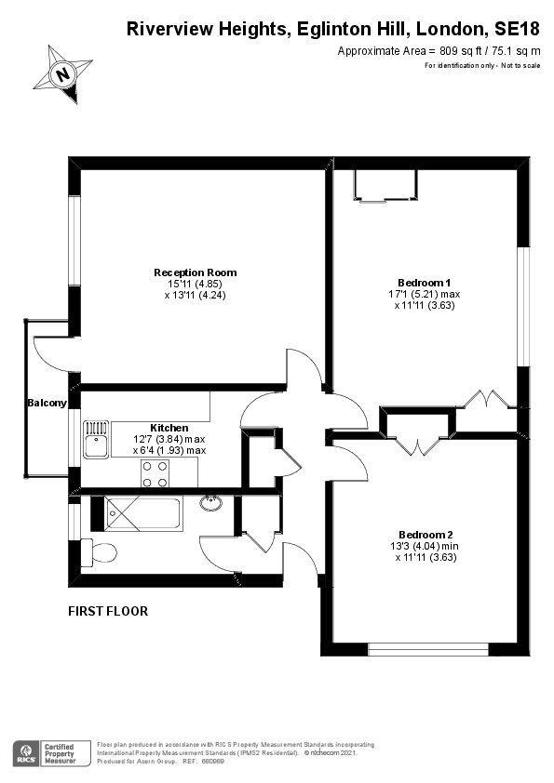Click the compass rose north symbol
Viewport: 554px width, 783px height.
point(63,73)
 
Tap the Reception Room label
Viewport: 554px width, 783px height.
point(195,272)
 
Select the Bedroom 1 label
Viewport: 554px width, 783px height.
point(424,283)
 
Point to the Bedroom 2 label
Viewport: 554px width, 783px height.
point(426,535)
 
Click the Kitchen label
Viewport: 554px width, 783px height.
point(169,428)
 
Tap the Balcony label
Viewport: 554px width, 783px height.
point(47,403)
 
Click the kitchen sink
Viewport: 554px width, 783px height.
point(96,440)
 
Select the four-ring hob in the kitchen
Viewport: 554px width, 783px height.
point(155,473)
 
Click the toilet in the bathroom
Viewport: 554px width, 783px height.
point(99,552)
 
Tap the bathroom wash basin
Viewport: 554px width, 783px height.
point(212,502)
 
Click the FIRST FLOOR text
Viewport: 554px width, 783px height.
point(108,611)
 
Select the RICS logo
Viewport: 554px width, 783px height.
point(25,753)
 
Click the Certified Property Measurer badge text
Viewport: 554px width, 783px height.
point(60,754)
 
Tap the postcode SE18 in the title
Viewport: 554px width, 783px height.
point(517,29)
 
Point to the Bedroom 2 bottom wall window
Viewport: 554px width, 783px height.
point(428,649)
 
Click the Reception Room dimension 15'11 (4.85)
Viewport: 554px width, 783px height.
point(195,285)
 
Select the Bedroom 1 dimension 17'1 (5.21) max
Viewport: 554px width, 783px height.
point(425,294)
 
